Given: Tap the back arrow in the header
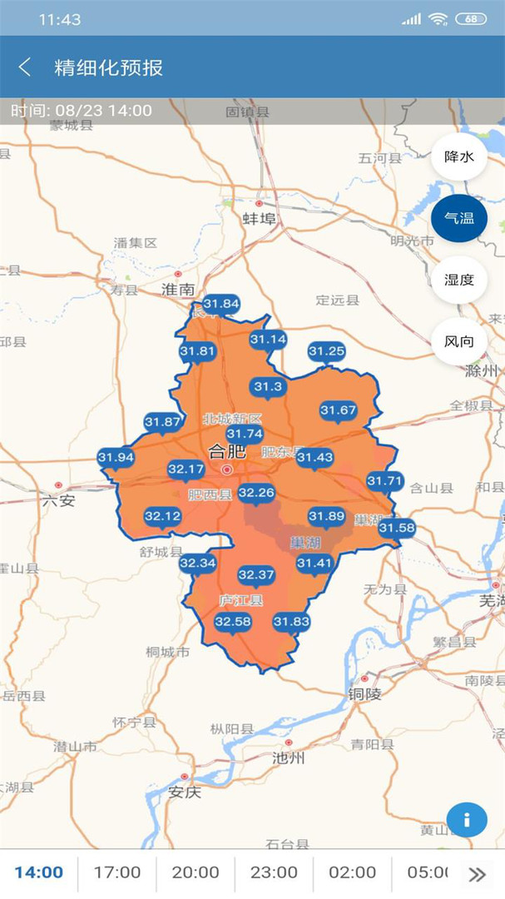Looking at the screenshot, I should pyautogui.click(x=25, y=67).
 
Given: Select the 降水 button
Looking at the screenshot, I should pyautogui.click(x=458, y=156).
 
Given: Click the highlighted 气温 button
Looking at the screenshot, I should pyautogui.click(x=458, y=218).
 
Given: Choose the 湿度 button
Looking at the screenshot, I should pyautogui.click(x=458, y=280).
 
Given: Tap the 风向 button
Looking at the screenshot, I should pyautogui.click(x=458, y=341).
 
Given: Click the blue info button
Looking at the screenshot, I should pyautogui.click(x=467, y=820).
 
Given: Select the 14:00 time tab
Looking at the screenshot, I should pyautogui.click(x=39, y=872).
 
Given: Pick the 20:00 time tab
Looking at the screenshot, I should pyautogui.click(x=196, y=872).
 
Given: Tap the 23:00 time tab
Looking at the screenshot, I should pyautogui.click(x=274, y=872).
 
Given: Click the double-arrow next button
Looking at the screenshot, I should pyautogui.click(x=477, y=873).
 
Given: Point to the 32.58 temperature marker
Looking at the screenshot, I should pyautogui.click(x=232, y=622).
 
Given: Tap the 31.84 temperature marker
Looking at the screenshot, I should pyautogui.click(x=220, y=305).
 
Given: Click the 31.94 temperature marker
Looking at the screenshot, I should pyautogui.click(x=116, y=457).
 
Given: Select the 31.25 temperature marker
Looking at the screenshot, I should pyautogui.click(x=326, y=352).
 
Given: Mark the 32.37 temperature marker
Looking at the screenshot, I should pyautogui.click(x=255, y=574).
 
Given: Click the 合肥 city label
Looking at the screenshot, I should pyautogui.click(x=227, y=452).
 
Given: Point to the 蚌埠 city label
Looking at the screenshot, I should pyautogui.click(x=259, y=218).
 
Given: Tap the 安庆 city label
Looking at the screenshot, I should pyautogui.click(x=184, y=792).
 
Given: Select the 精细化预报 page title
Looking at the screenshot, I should pyautogui.click(x=109, y=67).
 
